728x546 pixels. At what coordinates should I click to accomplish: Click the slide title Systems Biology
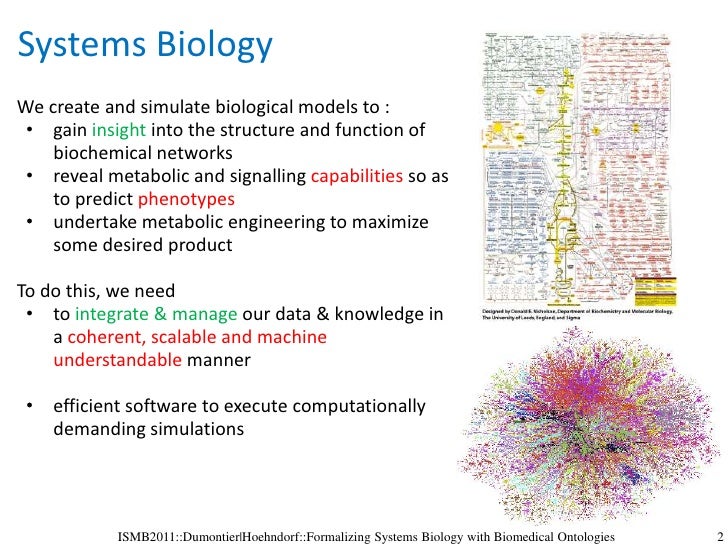click(145, 46)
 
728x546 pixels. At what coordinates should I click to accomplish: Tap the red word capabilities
click(357, 176)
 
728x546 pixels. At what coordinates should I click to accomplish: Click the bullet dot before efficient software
click(31, 406)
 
